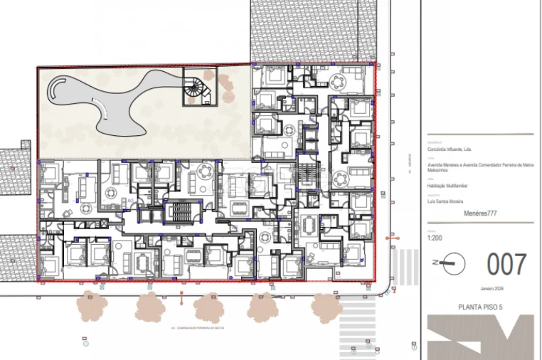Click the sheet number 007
click(506, 264)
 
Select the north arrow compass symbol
click(450, 264)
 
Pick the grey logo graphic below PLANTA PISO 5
click(480, 337)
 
